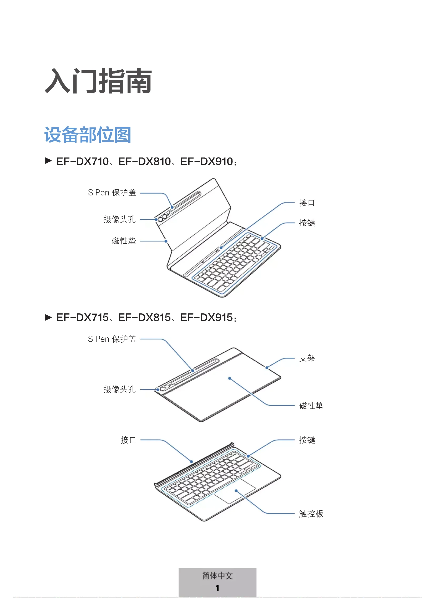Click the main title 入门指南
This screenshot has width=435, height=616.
coord(98,81)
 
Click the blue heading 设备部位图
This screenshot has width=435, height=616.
coord(88,135)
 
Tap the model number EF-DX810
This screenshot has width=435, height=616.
coord(145,161)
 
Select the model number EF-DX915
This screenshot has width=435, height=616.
coord(206,318)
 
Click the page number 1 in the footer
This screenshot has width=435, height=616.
coord(217,588)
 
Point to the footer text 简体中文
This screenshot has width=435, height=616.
coord(217,576)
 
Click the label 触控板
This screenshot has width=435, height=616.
coord(311,514)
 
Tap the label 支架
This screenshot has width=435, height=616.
coord(307,358)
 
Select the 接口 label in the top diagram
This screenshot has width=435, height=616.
coord(307,203)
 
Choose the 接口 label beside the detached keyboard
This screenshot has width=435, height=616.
coord(128,440)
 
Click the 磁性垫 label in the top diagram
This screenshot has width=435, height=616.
coord(124,241)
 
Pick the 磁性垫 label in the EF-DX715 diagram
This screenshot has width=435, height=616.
coord(311,405)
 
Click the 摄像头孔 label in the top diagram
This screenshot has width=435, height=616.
coord(119,219)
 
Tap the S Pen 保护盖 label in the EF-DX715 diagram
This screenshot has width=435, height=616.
coord(112,339)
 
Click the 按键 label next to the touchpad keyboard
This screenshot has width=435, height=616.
coord(307,440)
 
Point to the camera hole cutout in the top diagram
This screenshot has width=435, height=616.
coord(160,219)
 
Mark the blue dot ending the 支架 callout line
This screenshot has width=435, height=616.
coord(267,368)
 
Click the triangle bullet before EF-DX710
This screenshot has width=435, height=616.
coord(48,161)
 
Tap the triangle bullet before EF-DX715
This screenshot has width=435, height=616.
coord(48,318)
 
